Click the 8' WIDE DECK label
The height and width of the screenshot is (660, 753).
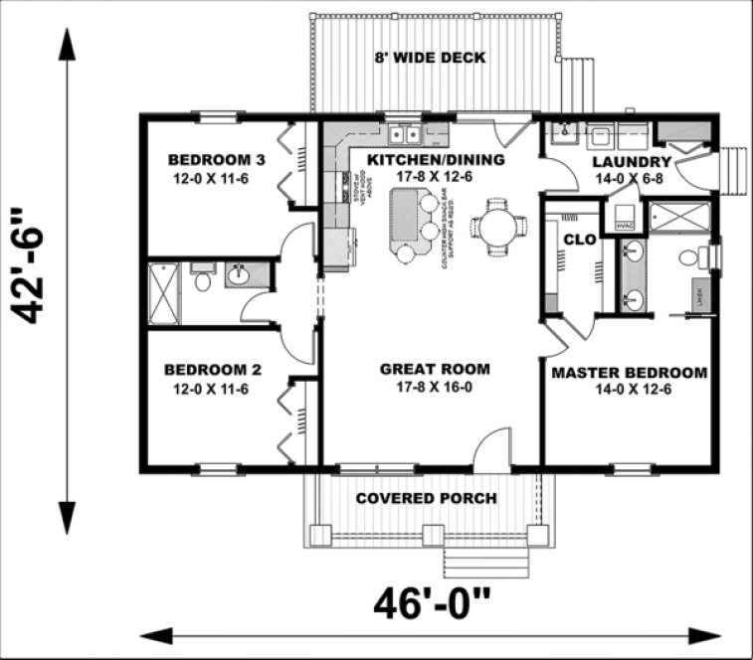click(x=430, y=58)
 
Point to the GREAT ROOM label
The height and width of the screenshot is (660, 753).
click(x=435, y=369)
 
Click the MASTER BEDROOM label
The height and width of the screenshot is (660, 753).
click(x=629, y=373)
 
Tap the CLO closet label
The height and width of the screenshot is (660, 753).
click(x=578, y=240)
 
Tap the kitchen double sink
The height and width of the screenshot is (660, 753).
click(x=404, y=132)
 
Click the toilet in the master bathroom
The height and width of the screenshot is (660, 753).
click(x=688, y=258)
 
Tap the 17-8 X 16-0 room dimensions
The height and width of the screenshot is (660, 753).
click(x=435, y=387)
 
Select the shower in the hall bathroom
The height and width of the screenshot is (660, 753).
click(x=165, y=293)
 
